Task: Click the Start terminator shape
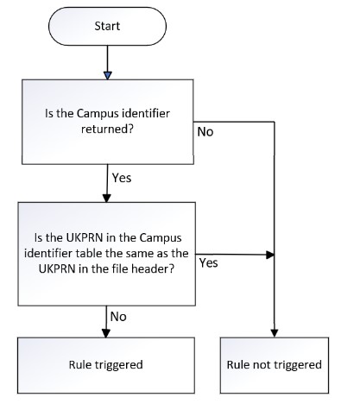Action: point(107,26)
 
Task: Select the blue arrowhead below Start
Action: point(107,76)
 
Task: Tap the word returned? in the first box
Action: point(107,129)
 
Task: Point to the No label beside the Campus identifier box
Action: point(205,132)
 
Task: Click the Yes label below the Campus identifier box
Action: point(122,178)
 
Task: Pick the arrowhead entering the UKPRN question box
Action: point(107,199)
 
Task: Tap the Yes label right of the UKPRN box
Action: point(209,263)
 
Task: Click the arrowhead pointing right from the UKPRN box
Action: point(270,255)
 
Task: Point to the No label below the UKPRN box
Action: point(118,317)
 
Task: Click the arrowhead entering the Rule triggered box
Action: point(106,333)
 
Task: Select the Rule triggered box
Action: point(106,365)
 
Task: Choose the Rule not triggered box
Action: point(275,365)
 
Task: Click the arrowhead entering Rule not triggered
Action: point(275,333)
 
